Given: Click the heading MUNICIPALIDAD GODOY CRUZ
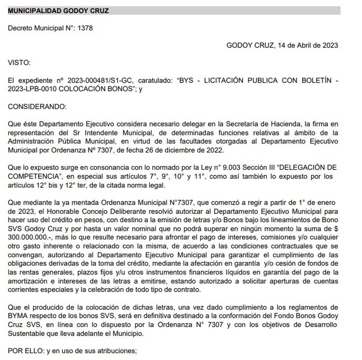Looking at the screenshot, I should [58, 11].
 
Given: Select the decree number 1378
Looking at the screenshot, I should [85, 28].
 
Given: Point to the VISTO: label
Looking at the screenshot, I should [19, 63].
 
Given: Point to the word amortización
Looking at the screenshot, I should [27, 281].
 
